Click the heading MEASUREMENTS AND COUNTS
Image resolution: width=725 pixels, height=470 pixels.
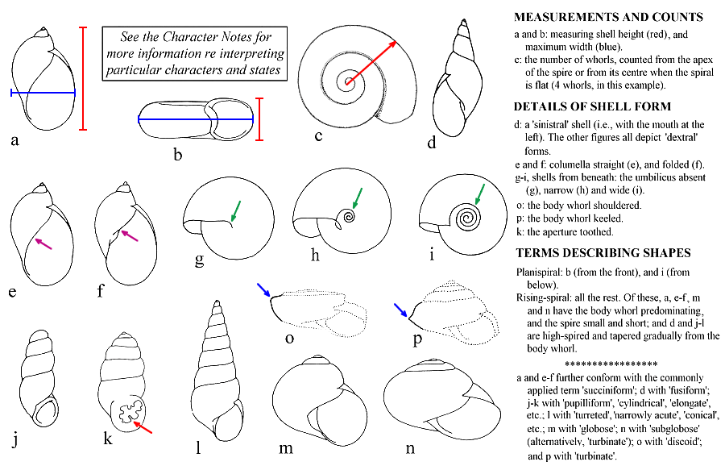[x=608, y=17]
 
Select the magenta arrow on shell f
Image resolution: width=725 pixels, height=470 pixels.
[x=129, y=235]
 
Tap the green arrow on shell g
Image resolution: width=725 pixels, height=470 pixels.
[x=235, y=209]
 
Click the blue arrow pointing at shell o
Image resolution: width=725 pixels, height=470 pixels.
[x=265, y=291]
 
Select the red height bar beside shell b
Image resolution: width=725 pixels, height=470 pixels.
[x=259, y=119]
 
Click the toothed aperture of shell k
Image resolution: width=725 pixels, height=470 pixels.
[x=126, y=413]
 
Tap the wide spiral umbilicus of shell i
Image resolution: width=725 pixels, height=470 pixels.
[x=465, y=217]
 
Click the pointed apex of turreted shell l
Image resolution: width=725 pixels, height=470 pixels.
[x=215, y=305]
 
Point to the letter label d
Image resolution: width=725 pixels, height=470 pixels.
[x=432, y=145]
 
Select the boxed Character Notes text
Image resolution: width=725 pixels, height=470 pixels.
[x=196, y=53]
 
